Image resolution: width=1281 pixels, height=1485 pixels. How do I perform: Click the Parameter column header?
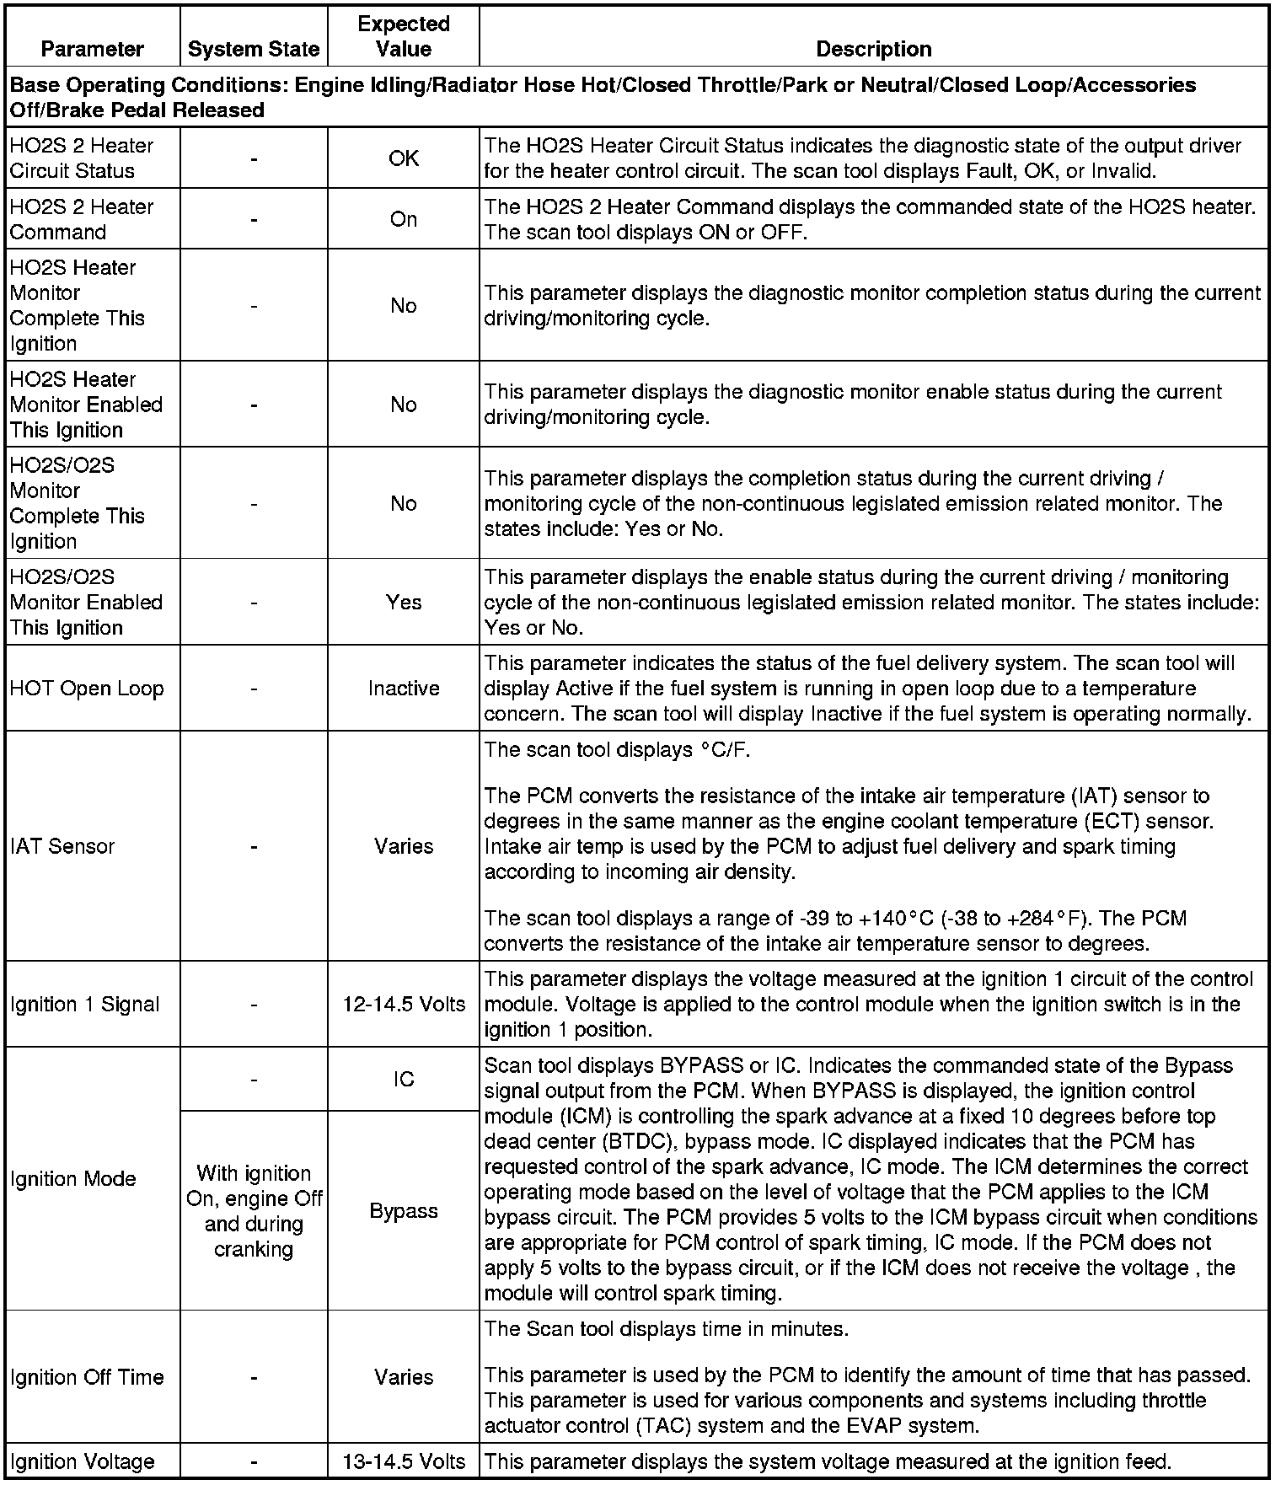(93, 49)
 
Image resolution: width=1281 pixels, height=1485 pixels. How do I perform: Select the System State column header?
(254, 49)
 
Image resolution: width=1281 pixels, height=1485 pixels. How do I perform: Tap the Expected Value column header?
(404, 36)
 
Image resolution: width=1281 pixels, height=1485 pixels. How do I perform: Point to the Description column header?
(874, 49)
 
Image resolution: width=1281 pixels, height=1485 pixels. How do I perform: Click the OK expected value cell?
(404, 158)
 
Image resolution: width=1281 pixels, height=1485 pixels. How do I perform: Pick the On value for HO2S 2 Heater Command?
(404, 219)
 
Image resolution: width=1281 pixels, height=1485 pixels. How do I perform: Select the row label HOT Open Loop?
(87, 689)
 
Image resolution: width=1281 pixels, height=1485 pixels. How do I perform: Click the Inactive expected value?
(404, 689)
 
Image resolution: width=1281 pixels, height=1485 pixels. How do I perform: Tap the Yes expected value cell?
(404, 603)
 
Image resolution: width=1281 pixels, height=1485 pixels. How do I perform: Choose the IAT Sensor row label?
(62, 846)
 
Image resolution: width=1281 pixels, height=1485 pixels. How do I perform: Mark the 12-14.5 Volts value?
(404, 1005)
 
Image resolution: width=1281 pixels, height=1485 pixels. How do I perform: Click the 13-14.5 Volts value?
(404, 1461)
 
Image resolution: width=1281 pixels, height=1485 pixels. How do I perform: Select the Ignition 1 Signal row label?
(85, 1005)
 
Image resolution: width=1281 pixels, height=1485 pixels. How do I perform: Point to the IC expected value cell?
(404, 1080)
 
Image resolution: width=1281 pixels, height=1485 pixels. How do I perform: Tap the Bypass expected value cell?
(404, 1211)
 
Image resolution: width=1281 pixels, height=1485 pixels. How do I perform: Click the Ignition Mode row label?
(73, 1178)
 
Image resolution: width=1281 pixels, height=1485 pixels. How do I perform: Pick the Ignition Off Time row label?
(87, 1377)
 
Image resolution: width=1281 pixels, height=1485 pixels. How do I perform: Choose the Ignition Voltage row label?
(83, 1461)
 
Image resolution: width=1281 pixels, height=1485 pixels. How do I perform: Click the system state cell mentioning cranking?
(254, 1211)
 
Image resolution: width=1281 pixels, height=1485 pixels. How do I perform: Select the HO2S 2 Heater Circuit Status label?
(82, 158)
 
